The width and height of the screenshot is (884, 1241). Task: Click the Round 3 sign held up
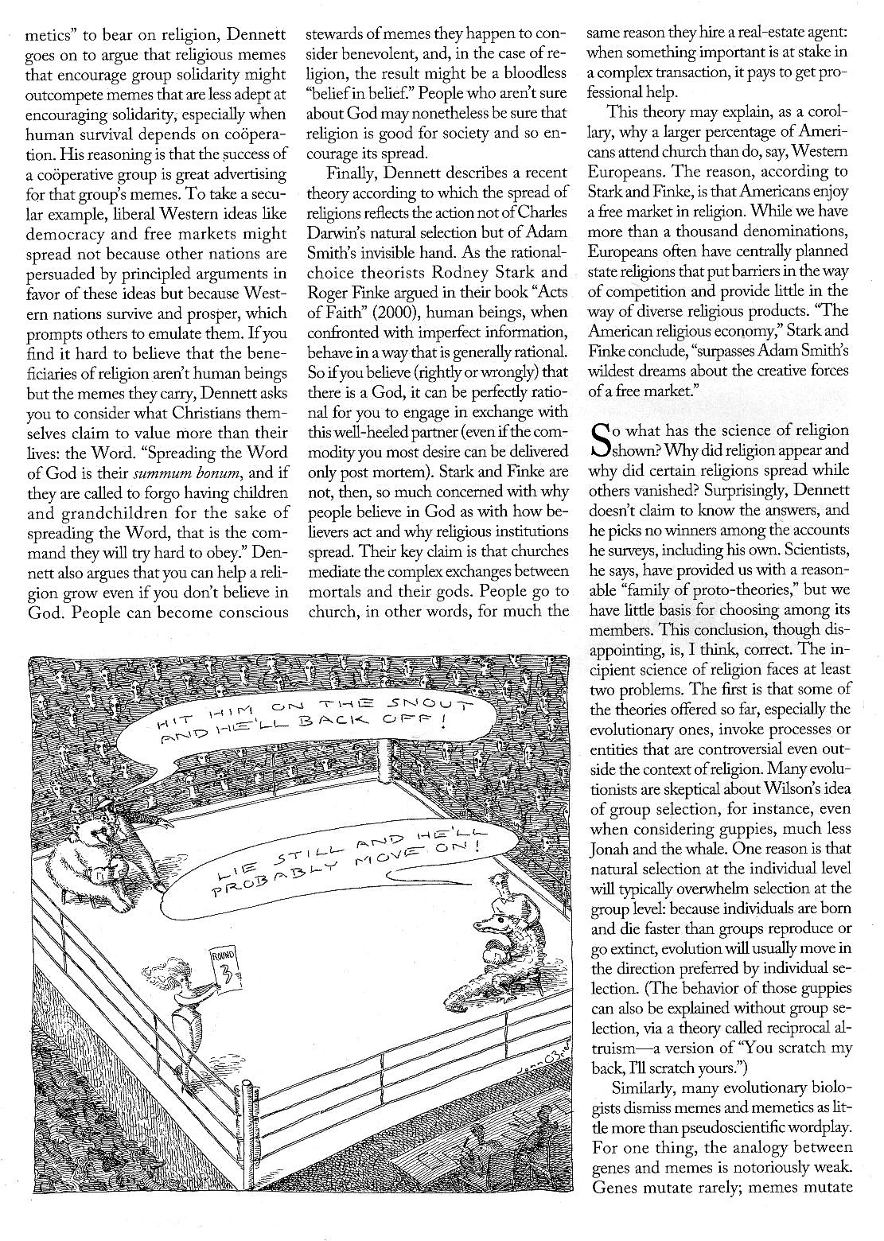pos(223,968)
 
